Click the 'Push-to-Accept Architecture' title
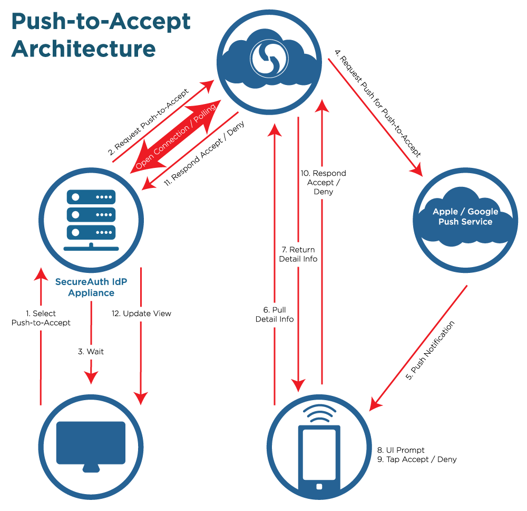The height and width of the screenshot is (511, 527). (100, 35)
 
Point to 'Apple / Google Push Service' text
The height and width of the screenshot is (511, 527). (465, 216)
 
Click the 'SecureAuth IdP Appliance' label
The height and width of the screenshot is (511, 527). (91, 287)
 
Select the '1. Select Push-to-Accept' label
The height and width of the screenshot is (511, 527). (41, 318)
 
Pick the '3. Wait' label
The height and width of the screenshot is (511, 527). (91, 351)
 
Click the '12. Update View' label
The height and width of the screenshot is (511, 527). (141, 314)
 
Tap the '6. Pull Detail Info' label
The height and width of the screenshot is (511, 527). (275, 314)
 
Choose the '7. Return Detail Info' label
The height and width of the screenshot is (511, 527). (298, 254)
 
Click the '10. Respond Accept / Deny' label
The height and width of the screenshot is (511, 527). (323, 182)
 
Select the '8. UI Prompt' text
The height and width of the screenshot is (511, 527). (401, 450)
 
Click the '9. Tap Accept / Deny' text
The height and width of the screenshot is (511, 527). (417, 459)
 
